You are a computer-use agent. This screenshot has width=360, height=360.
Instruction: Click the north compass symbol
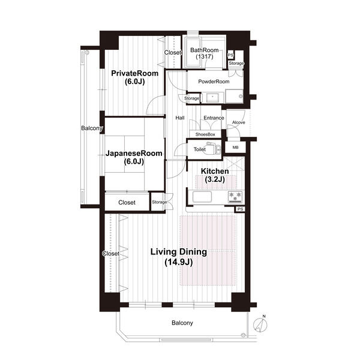[x=260, y=324]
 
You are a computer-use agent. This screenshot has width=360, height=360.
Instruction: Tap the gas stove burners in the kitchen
[x=235, y=197]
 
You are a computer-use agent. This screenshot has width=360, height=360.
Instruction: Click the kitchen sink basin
[x=202, y=197]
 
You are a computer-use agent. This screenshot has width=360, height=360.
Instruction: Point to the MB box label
[x=235, y=148]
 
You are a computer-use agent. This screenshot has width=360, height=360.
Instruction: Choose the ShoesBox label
[x=205, y=134]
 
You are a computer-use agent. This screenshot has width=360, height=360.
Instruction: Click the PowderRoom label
[x=214, y=82]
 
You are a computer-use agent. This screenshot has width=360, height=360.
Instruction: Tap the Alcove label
[x=239, y=122]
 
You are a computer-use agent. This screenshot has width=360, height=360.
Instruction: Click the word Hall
[x=180, y=118]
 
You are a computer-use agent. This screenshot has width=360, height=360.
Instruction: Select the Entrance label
[x=214, y=118]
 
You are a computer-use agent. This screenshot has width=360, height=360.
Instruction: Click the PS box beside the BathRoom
[x=230, y=55]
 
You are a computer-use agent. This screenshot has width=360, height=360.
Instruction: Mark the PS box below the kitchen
[x=240, y=209]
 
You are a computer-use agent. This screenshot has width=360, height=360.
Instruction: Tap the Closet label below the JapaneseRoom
[x=127, y=203]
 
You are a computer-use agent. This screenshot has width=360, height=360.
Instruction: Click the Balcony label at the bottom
[x=182, y=323]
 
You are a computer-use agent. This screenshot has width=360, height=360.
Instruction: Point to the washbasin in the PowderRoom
[x=212, y=98]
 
